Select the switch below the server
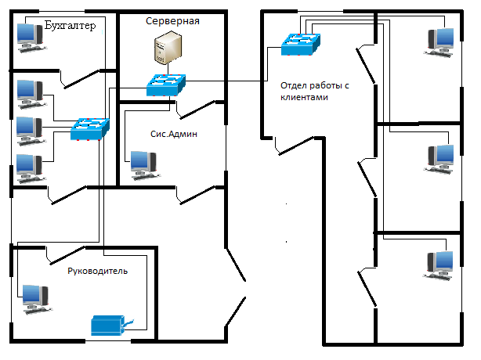click(165, 85)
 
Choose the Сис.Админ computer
click(143, 162)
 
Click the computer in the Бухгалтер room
click(30, 36)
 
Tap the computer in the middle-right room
click(439, 157)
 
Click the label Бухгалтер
click(71, 26)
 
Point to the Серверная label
click(172, 21)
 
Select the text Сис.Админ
click(174, 134)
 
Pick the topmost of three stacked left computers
click(29, 91)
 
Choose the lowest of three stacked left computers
click(29, 166)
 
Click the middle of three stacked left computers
click(29, 128)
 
